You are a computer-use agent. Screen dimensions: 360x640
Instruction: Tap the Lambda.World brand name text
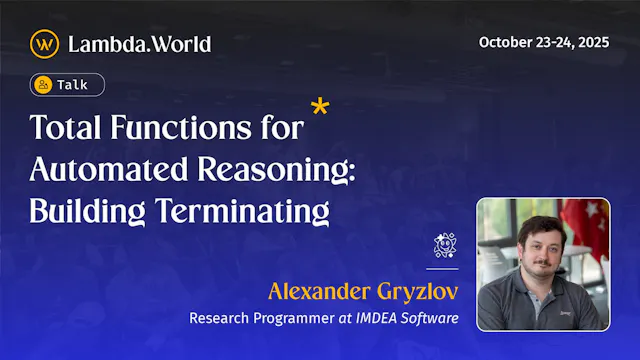click(x=139, y=43)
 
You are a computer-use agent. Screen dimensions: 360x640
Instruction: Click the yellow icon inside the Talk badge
click(x=43, y=85)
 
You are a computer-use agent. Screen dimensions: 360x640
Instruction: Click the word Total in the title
click(x=66, y=129)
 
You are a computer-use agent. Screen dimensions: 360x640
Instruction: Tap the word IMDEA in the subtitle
click(x=377, y=319)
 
